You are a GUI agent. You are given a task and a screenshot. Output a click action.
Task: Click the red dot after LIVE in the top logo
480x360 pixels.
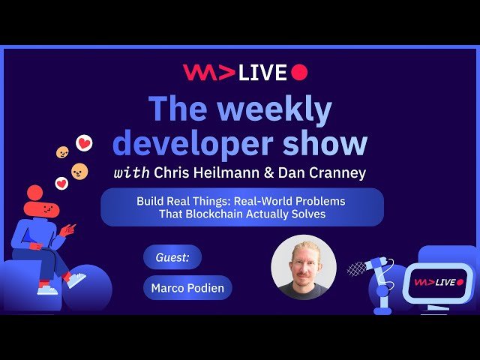point(299,72)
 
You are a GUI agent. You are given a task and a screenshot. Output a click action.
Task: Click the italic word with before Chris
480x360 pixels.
point(131,173)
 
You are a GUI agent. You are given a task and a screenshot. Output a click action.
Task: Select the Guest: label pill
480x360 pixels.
point(172,257)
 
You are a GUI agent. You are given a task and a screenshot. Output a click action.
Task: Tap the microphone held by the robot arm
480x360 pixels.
point(358,268)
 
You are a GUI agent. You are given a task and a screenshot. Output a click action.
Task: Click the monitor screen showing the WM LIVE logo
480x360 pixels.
point(439,282)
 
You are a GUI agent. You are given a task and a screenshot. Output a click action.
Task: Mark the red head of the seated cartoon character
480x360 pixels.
point(35,193)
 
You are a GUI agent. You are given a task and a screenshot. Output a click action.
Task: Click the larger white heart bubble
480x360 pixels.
point(85,142)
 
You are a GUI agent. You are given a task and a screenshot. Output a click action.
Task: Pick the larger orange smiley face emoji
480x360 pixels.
point(79,172)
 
